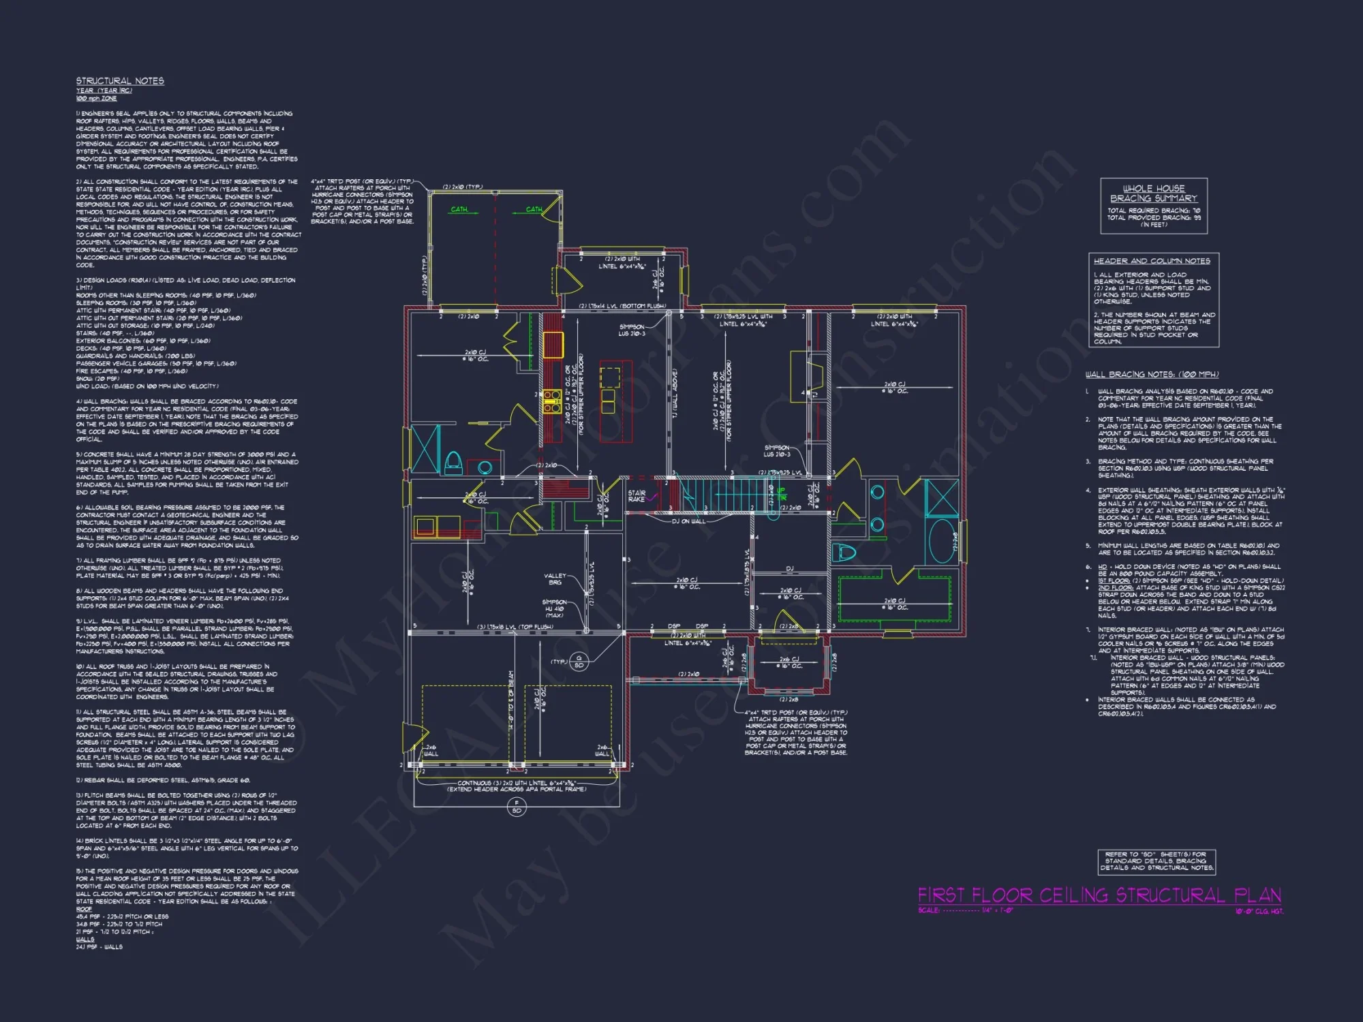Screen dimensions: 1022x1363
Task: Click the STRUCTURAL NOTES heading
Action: [x=120, y=81]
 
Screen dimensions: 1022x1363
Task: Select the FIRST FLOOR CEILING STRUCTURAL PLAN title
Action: [x=1099, y=895]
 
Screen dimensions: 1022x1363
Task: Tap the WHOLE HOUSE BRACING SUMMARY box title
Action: [x=1153, y=193]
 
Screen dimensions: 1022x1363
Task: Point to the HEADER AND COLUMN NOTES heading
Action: [x=1152, y=261]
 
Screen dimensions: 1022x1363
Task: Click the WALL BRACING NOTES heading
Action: [x=1152, y=375]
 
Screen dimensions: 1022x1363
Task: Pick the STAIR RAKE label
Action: [x=637, y=496]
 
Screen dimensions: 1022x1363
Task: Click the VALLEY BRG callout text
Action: [x=555, y=579]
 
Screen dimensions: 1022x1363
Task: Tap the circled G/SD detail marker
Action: [x=579, y=662]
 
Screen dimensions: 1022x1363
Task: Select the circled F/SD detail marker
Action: [x=517, y=807]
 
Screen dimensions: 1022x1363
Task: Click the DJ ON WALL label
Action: [x=688, y=521]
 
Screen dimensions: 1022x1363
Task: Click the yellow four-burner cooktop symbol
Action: [x=551, y=401]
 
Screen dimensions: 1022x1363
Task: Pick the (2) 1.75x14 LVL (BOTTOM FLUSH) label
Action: [x=622, y=307]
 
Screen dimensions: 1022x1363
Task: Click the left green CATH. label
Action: [x=459, y=209]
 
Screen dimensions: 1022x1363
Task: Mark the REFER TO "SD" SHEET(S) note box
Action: [x=1156, y=861]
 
